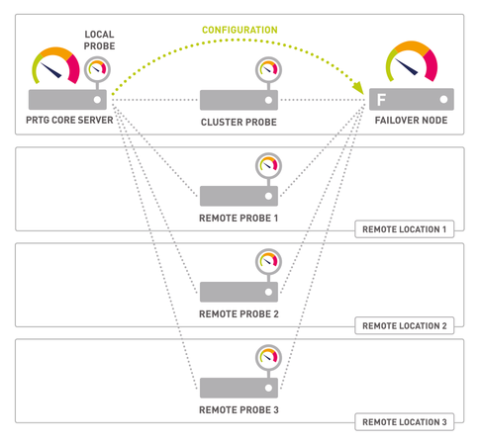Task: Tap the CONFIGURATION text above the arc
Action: [x=240, y=31]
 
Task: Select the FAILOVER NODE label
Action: [x=411, y=121]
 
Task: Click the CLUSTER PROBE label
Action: [x=240, y=121]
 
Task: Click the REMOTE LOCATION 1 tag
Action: [x=405, y=228]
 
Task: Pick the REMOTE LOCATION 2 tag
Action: [x=405, y=324]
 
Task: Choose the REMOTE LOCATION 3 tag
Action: [x=405, y=422]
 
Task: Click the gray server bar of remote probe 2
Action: [x=239, y=291]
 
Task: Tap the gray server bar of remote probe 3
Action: [x=239, y=387]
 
